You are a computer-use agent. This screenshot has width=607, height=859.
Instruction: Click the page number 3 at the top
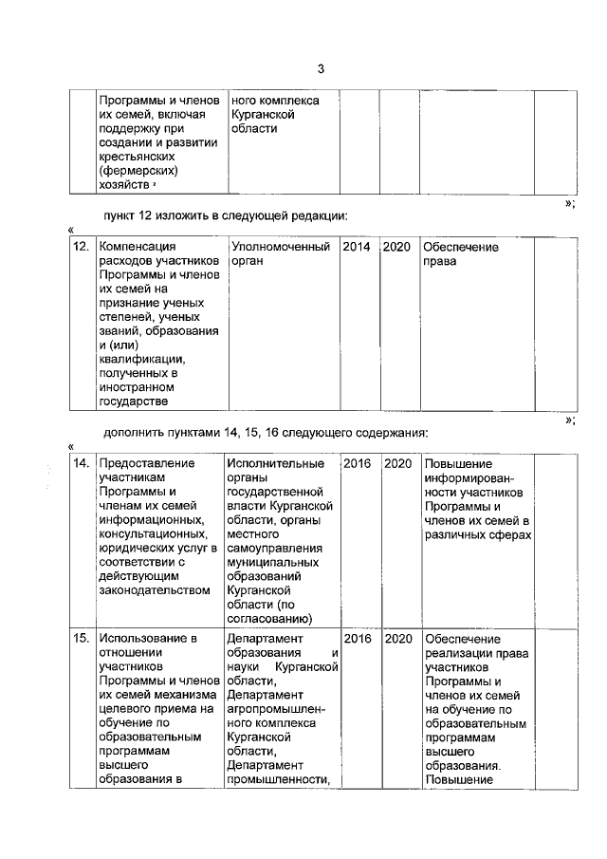[x=321, y=69]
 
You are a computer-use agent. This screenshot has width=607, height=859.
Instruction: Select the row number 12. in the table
[x=82, y=247]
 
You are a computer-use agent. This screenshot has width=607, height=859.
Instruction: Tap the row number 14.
[x=82, y=463]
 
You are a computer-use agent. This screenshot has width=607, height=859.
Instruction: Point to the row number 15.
[x=82, y=639]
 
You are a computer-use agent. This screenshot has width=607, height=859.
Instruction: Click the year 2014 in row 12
[x=357, y=247]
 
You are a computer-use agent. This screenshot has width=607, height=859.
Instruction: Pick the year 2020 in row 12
[x=396, y=247]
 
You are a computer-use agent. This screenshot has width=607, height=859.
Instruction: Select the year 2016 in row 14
[x=357, y=463]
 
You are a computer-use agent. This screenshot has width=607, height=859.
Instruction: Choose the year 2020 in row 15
[x=397, y=639]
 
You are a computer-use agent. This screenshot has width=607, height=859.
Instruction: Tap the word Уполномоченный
[x=281, y=247]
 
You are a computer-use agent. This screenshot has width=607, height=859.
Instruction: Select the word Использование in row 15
[x=147, y=639]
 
